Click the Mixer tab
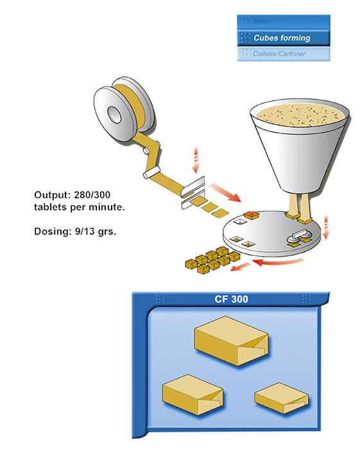pyautogui.click(x=284, y=22)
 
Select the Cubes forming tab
pyautogui.click(x=284, y=38)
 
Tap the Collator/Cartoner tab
pyautogui.click(x=284, y=54)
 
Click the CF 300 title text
pyautogui.click(x=231, y=300)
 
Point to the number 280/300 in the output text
pyautogui.click(x=92, y=195)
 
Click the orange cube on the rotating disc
pyautogui.click(x=250, y=215)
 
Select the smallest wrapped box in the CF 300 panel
pyautogui.click(x=281, y=398)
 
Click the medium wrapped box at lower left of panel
pyautogui.click(x=192, y=395)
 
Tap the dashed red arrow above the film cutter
pyautogui.click(x=196, y=160)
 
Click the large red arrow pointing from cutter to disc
pyautogui.click(x=225, y=193)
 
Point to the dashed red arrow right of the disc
pyautogui.click(x=326, y=227)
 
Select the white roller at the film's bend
pyautogui.click(x=151, y=172)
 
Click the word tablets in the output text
pyautogui.click(x=51, y=207)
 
